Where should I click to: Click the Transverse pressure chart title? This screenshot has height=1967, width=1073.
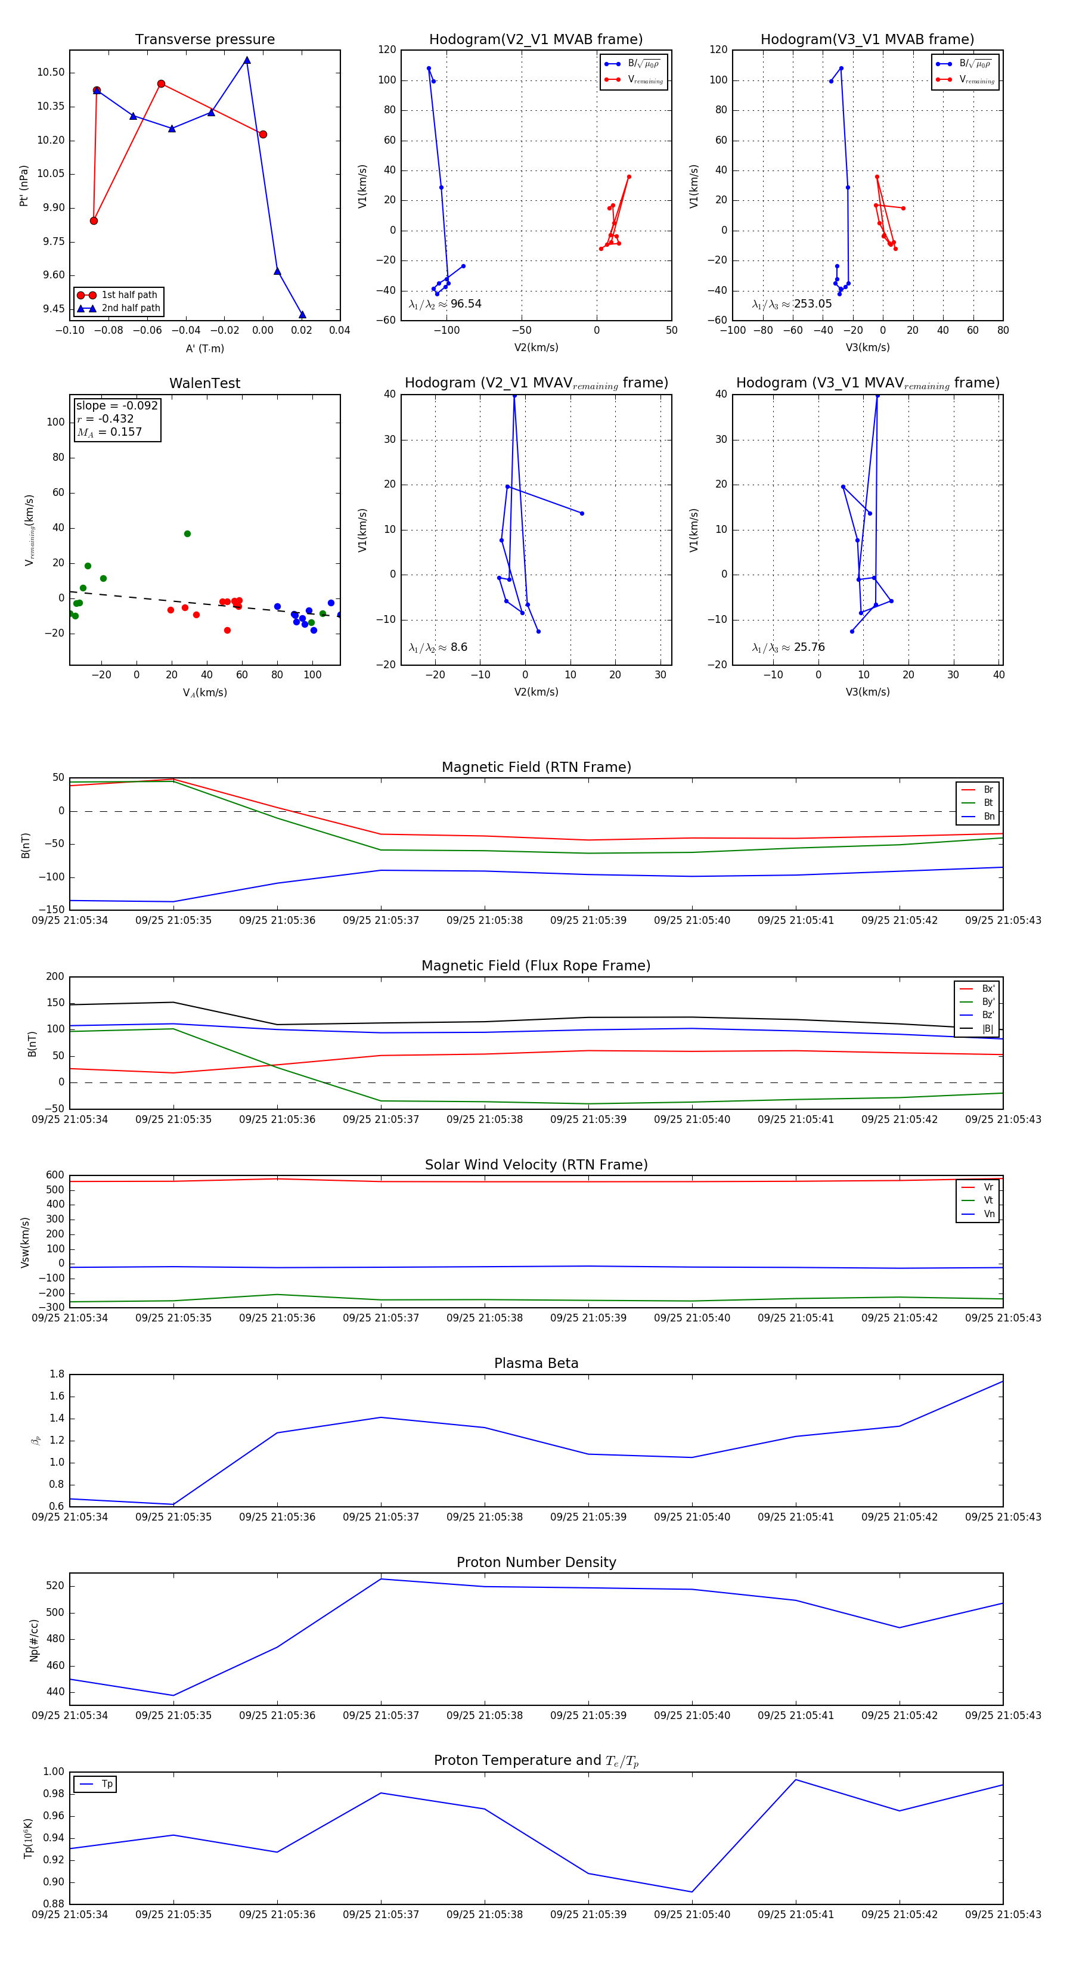(x=204, y=40)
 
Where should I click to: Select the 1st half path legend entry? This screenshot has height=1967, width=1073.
(x=128, y=294)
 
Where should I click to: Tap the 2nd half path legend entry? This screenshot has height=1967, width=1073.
(x=130, y=309)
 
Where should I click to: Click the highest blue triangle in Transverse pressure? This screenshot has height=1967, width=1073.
(x=247, y=60)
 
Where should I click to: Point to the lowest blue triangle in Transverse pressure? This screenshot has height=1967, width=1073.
(x=302, y=315)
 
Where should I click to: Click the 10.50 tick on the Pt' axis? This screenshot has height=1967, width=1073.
(x=51, y=73)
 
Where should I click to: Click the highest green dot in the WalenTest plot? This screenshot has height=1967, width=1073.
(x=187, y=533)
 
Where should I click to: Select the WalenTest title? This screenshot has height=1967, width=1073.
(x=204, y=383)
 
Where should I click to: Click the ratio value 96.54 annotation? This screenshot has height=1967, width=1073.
(x=465, y=304)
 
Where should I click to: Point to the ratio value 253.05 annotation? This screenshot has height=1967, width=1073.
(x=812, y=304)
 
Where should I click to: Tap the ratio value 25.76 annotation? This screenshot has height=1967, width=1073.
(x=809, y=647)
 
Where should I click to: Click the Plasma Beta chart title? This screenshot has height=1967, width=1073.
(x=536, y=1363)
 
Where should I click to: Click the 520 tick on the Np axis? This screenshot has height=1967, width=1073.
(x=55, y=1586)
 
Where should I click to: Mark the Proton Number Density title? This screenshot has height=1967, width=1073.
(x=536, y=1562)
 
